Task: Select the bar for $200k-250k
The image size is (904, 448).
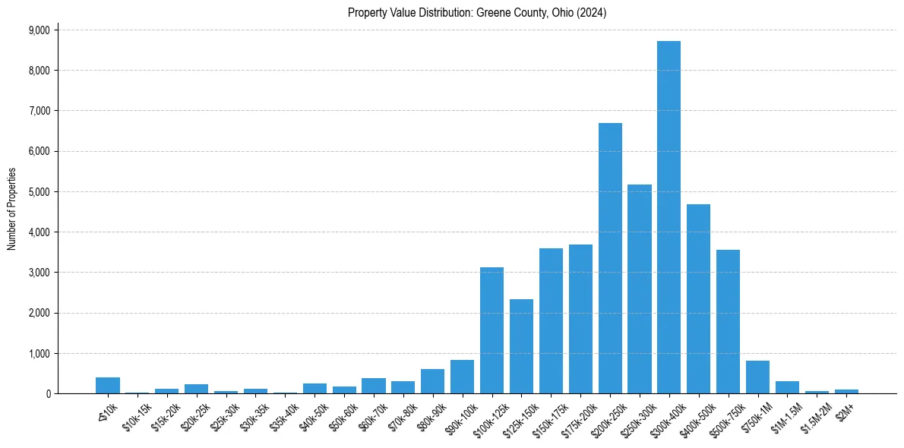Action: pos(610,258)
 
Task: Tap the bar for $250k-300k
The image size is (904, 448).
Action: pos(640,289)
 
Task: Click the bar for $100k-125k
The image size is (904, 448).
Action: pos(492,330)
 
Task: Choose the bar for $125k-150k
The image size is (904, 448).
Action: pos(521,346)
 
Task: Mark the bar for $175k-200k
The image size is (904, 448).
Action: pos(580,319)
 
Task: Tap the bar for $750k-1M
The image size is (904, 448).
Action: pos(757,377)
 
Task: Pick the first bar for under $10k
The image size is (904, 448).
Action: pos(108,385)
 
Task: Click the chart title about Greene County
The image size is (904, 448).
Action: pos(477,13)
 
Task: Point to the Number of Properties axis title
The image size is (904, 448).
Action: pos(12,209)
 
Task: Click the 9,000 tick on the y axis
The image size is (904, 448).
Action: pos(39,30)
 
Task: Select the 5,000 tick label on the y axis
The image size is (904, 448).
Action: pos(39,192)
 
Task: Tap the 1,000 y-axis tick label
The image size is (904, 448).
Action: pos(39,354)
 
